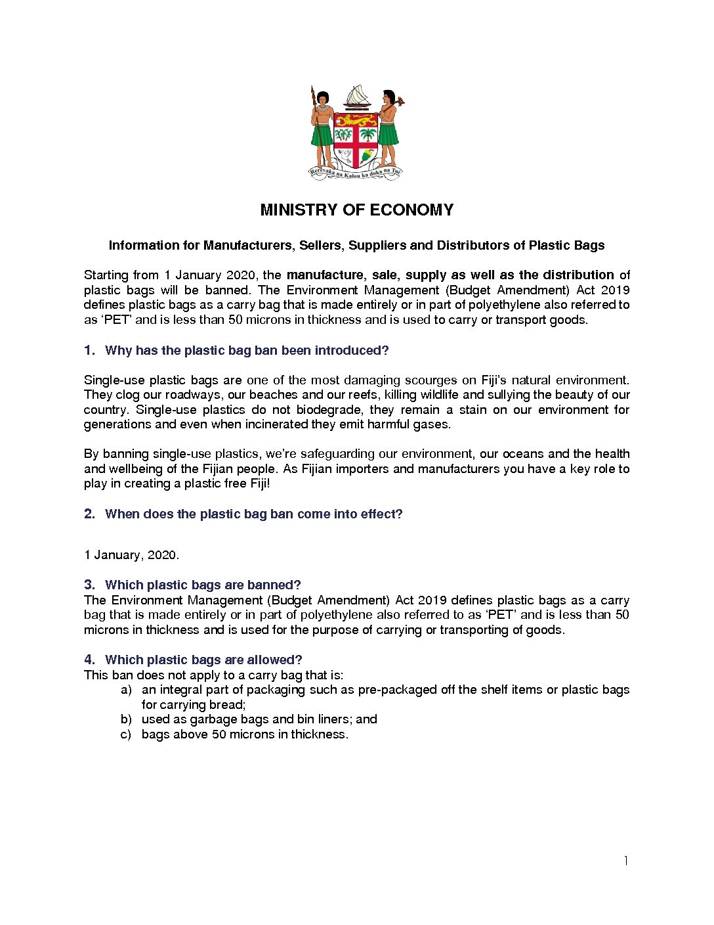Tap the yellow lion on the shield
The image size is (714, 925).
(356, 121)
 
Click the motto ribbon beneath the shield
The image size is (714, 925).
(355, 173)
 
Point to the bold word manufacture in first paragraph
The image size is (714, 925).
(325, 275)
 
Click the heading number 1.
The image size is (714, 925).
(89, 351)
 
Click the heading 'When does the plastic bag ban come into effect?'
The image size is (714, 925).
(253, 514)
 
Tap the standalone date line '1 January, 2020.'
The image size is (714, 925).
(131, 555)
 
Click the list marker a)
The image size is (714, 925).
(126, 690)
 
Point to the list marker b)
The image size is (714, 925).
(126, 719)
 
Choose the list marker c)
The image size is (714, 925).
(126, 734)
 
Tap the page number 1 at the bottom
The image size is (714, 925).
(626, 861)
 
